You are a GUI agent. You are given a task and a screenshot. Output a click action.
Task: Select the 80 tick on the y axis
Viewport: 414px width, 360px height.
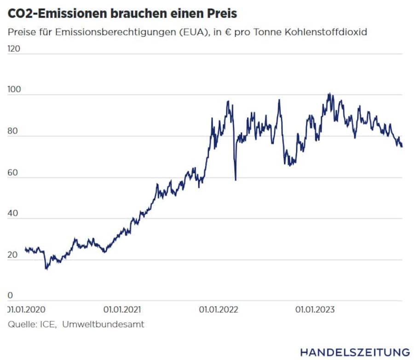tap(13, 131)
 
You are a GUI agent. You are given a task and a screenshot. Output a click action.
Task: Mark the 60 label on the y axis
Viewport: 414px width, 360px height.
tap(13, 172)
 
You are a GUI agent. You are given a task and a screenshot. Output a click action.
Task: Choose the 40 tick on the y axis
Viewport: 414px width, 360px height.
tap(13, 213)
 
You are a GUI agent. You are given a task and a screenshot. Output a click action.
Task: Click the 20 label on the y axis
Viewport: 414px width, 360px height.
tap(13, 255)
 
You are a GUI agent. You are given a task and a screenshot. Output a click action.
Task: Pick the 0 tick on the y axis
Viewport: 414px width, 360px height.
tap(11, 296)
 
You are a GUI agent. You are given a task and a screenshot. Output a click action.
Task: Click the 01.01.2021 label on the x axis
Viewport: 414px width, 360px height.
tap(123, 309)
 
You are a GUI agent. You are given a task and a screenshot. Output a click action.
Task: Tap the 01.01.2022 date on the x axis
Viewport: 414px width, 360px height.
tap(218, 309)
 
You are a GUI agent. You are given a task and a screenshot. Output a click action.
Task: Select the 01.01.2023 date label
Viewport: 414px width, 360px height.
tap(315, 309)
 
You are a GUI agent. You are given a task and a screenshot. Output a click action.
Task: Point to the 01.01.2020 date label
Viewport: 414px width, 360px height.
tap(28, 309)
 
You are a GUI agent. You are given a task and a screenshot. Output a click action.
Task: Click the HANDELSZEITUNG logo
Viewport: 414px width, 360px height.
tap(355, 352)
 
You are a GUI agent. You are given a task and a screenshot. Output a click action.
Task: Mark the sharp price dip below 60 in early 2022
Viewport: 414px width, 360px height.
tap(236, 179)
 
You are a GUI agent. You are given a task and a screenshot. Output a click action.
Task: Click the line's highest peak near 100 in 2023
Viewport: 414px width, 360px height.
tap(328, 94)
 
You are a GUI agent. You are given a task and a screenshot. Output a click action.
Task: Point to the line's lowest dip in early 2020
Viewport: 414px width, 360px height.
tap(46, 268)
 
